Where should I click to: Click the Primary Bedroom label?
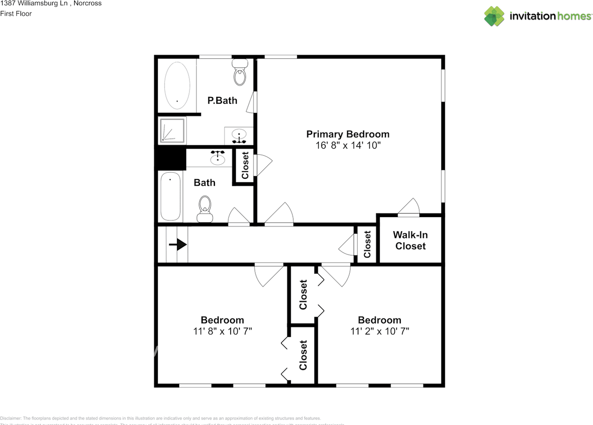347,134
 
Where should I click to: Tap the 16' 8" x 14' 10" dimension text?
347,145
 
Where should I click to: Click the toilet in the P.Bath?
240,74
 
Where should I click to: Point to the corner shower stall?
172,130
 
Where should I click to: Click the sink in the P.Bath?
239,136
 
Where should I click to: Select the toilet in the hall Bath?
204,209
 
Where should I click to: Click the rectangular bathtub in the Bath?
170,196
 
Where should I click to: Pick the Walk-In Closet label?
410,240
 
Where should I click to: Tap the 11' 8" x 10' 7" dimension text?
222,331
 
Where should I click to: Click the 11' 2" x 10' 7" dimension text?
379,331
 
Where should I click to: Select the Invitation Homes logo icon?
494,16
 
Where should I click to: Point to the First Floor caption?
16,14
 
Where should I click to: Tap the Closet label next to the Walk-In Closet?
367,244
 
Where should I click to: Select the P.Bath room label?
222,100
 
